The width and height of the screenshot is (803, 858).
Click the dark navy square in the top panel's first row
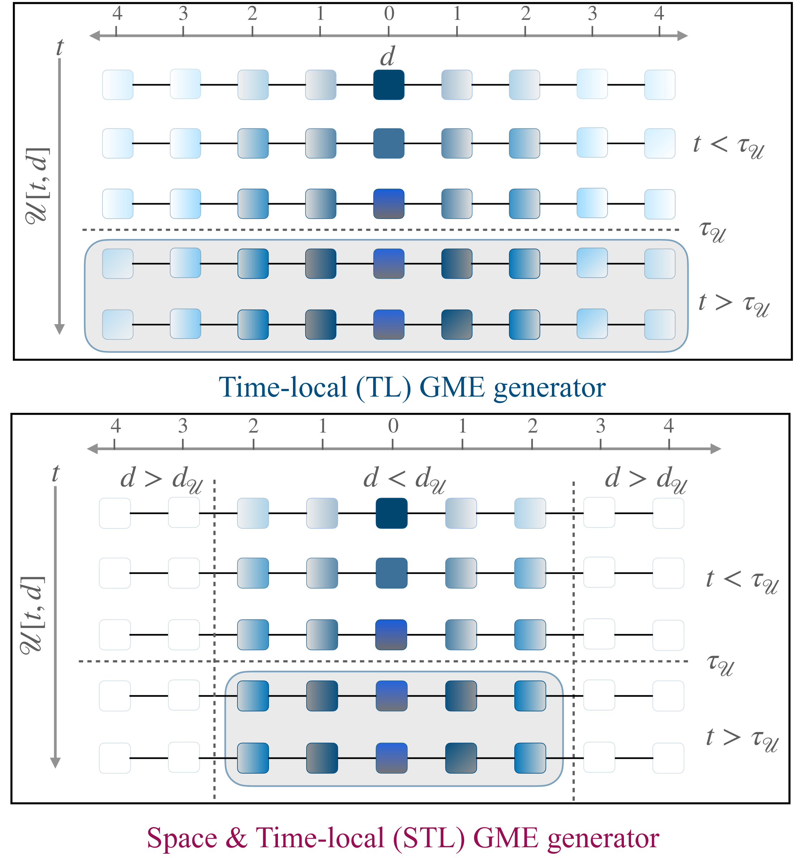coord(389,84)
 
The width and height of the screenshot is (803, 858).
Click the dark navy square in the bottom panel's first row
coord(391,513)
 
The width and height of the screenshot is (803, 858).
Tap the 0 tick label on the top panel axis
coord(389,14)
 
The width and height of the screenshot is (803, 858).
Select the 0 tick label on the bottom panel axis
coord(393,426)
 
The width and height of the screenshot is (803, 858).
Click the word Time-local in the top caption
coord(283,387)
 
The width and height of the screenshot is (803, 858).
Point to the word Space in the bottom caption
coord(182,838)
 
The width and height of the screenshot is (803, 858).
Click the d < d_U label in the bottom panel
coord(404,479)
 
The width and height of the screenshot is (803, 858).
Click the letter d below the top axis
coord(387,57)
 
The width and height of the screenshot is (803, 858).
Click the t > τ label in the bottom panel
coord(742,738)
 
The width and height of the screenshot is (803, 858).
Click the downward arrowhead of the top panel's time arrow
coord(59,329)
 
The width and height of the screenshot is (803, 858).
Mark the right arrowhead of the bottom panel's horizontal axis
coord(715,449)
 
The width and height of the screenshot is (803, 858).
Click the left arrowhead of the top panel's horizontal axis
coord(95,35)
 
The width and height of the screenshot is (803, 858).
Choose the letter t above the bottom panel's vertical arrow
coord(55,473)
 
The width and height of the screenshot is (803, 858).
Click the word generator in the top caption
coord(549,387)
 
